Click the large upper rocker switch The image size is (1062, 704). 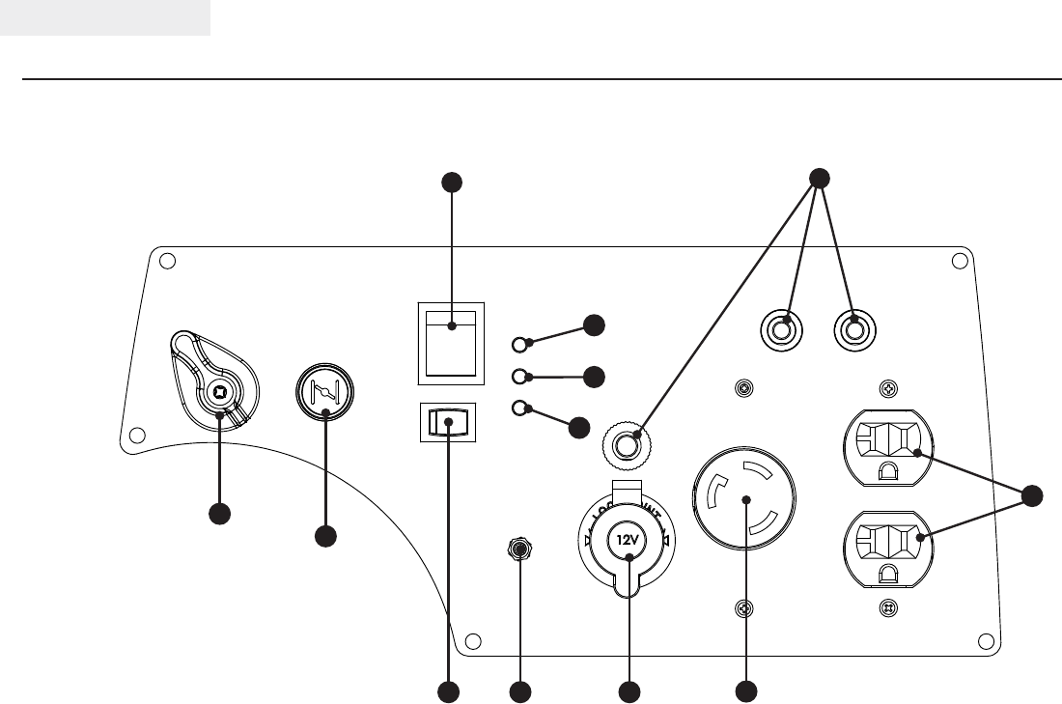click(451, 342)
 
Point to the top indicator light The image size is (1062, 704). click(520, 344)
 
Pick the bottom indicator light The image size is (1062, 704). click(520, 407)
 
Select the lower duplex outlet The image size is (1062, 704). click(888, 547)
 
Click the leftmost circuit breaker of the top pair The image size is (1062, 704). click(783, 330)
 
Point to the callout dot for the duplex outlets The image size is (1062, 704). click(1032, 496)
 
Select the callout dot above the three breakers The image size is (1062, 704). click(818, 179)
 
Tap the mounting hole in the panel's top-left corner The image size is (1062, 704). click(166, 261)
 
